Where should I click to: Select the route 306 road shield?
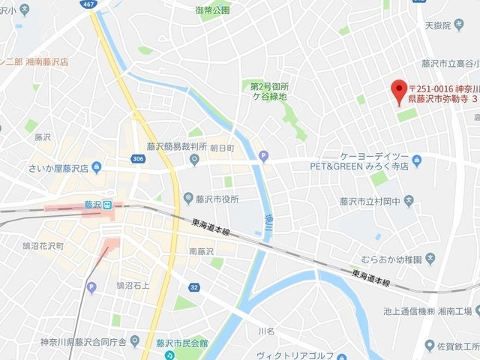coord(138,159)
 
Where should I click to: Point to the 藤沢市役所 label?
coord(214,199)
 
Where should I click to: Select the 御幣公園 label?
coord(212,10)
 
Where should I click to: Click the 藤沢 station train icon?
coord(108,205)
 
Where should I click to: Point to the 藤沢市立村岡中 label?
coord(370,201)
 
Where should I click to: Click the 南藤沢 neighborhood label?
coord(201,250)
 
